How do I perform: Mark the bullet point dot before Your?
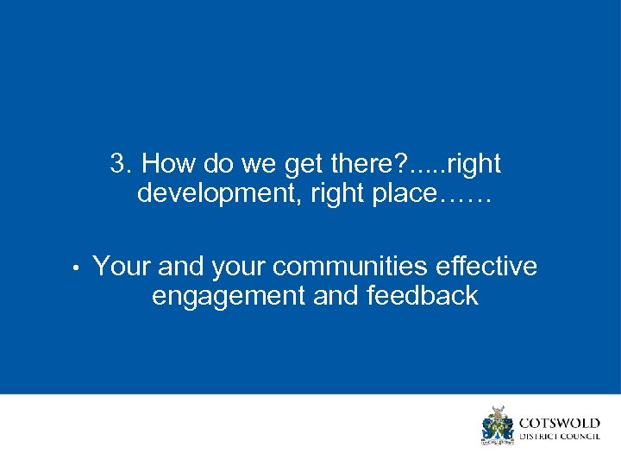click(77, 268)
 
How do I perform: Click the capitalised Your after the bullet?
click(122, 267)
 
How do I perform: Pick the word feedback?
click(423, 296)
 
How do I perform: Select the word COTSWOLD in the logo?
click(559, 423)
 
